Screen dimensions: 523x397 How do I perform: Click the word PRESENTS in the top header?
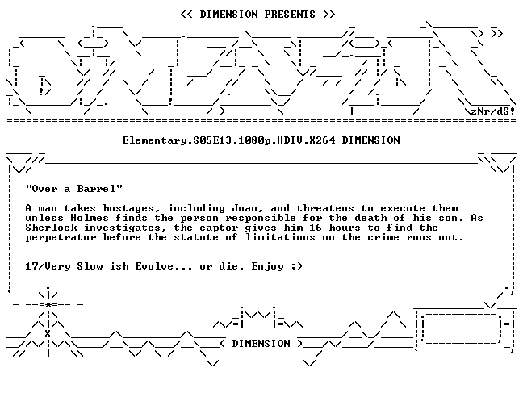pos(290,15)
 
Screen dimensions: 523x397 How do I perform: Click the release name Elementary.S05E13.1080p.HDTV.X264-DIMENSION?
pos(261,140)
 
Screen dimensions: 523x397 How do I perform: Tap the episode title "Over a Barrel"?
pos(74,189)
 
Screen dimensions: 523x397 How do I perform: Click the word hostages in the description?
pos(128,209)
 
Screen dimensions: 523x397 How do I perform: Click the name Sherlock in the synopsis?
pos(52,228)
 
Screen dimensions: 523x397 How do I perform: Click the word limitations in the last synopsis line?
pos(280,237)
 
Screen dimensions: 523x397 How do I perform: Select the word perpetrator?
pos(61,238)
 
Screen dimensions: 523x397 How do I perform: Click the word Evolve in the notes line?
pos(154,266)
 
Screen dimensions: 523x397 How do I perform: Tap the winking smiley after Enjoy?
pos(296,266)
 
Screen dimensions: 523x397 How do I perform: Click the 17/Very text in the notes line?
pos(48,266)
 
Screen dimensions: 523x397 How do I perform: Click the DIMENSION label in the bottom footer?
pos(261,343)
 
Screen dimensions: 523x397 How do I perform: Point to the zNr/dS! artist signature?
pos(492,111)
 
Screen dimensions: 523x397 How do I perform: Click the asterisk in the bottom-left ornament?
pos(48,304)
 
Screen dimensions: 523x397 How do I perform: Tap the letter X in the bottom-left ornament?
pos(48,334)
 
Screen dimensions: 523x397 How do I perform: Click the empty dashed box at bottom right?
pos(462,328)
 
